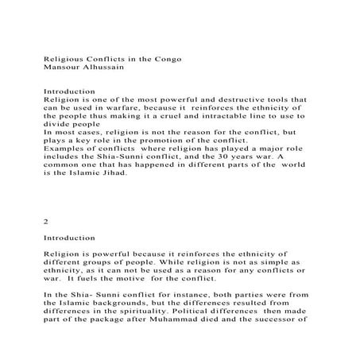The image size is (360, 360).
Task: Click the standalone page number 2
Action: coord(46,223)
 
